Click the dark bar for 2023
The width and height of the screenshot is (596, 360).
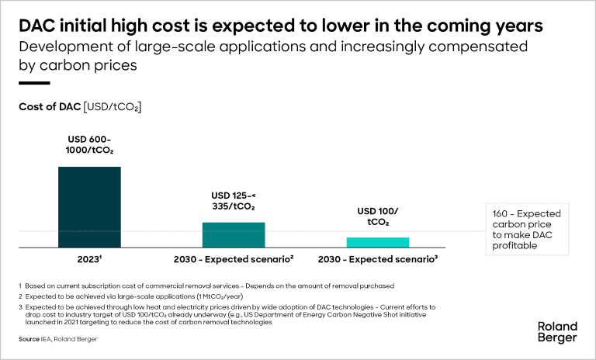pyautogui.click(x=89, y=206)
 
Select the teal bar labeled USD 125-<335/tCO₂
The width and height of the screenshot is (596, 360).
pyautogui.click(x=234, y=234)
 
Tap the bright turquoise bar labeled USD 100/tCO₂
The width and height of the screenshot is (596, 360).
pyautogui.click(x=377, y=242)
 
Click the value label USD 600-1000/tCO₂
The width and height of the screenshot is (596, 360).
pyautogui.click(x=89, y=145)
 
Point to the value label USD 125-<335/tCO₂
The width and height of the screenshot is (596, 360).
pyautogui.click(x=234, y=201)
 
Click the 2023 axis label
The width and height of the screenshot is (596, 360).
pyautogui.click(x=89, y=258)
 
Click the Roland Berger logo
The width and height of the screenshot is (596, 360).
pyautogui.click(x=557, y=332)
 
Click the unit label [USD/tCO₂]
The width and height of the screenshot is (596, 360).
pyautogui.click(x=112, y=107)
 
